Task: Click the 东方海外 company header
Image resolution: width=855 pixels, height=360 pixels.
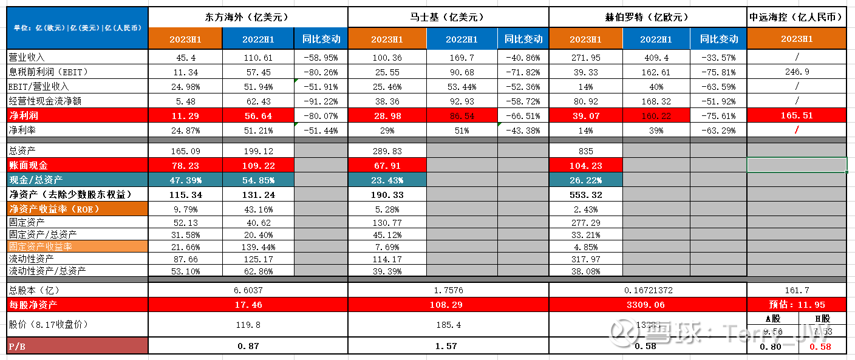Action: click(248, 17)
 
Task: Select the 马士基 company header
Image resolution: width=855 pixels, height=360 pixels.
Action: click(448, 17)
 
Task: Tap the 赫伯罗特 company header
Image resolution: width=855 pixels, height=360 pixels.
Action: click(647, 17)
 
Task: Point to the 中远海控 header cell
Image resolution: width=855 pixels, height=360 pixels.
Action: click(796, 17)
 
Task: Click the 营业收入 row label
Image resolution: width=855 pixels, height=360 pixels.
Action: click(27, 57)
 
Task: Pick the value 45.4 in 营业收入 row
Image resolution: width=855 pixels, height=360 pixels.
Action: click(185, 57)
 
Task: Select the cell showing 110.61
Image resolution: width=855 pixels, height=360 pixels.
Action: click(258, 57)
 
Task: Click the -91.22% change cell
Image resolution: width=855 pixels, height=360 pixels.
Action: click(320, 101)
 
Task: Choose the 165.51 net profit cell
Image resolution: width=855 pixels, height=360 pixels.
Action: click(796, 115)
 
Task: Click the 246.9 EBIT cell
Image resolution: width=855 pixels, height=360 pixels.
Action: click(796, 72)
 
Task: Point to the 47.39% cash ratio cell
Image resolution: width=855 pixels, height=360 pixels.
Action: click(185, 180)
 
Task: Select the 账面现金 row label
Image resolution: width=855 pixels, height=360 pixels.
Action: click(28, 165)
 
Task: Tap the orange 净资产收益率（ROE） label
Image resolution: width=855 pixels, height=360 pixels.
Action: click(53, 209)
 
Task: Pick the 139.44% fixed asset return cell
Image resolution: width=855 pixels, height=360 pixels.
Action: click(258, 247)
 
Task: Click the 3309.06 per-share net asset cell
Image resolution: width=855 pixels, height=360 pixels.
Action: click(647, 304)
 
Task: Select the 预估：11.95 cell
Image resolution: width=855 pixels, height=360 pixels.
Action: click(796, 304)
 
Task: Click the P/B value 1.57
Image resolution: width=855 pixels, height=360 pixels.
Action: click(448, 346)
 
